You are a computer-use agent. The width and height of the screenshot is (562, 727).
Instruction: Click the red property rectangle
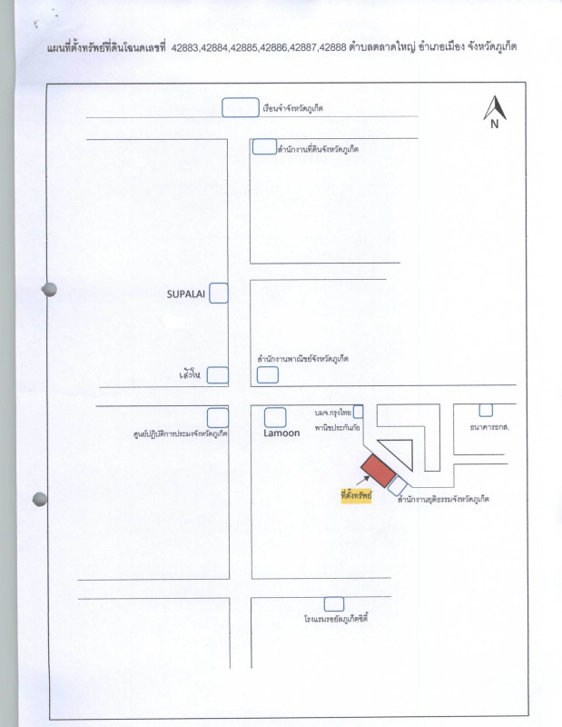tap(378, 471)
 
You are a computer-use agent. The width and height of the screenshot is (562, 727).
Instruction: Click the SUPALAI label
tap(187, 294)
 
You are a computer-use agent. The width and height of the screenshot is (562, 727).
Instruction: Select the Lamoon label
tap(281, 433)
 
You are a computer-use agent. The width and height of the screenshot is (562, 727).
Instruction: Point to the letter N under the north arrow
tap(495, 125)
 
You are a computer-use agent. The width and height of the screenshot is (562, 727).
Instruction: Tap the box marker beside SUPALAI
tap(219, 294)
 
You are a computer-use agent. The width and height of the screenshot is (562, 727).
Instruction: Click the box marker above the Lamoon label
tap(275, 417)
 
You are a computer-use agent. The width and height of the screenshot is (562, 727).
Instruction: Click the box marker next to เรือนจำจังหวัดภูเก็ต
tap(240, 107)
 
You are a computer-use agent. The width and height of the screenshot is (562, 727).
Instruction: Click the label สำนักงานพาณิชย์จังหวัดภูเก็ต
tap(302, 359)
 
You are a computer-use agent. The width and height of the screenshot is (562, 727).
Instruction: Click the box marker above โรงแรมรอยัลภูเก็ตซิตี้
tap(334, 603)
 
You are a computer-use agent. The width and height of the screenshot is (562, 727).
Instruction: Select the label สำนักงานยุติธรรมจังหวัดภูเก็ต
tap(437, 499)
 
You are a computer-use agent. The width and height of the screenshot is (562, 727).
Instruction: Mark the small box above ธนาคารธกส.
tap(486, 410)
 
